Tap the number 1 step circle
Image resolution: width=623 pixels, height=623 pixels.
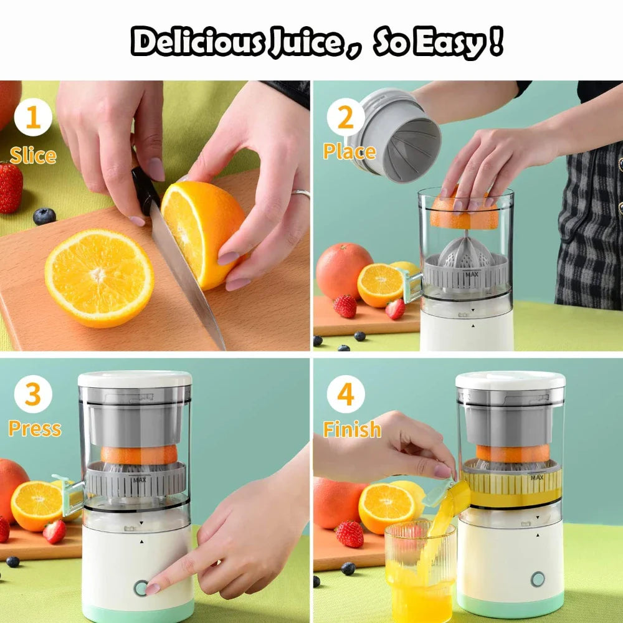[x=33, y=118]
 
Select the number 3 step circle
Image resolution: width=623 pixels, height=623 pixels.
[x=33, y=394]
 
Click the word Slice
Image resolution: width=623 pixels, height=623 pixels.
[x=32, y=155]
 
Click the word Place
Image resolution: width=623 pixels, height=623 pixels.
[x=349, y=151]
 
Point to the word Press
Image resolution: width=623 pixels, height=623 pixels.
[x=34, y=429]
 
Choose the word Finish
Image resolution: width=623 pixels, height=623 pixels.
[x=352, y=429]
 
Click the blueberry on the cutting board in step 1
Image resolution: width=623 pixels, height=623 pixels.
[x=44, y=216]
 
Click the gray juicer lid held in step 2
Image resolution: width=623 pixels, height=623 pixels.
[x=394, y=135]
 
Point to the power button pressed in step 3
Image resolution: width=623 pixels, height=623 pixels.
[x=141, y=587]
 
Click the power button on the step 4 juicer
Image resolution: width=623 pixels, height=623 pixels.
[x=538, y=579]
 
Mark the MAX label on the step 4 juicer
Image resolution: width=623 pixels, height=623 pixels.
[x=536, y=478]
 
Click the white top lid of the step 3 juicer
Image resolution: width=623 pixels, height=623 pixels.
[x=135, y=378]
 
